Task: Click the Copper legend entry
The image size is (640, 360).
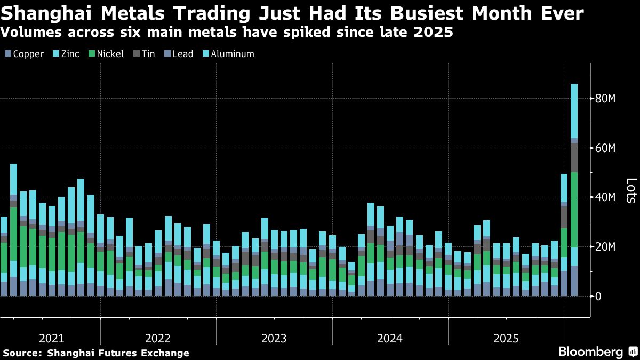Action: (24, 54)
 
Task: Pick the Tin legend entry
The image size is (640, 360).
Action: (143, 54)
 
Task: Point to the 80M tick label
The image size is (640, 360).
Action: (605, 99)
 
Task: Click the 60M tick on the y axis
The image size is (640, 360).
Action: (605, 148)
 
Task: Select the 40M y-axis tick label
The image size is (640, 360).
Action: (605, 197)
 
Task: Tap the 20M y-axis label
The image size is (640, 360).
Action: (605, 247)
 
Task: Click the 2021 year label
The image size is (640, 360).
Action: (52, 339)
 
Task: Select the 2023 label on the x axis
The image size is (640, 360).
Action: (274, 339)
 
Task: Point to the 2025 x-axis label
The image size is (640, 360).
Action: (506, 339)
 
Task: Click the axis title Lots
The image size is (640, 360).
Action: (630, 190)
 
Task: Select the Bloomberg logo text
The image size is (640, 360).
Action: (590, 352)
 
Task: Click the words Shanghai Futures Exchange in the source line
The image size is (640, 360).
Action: (118, 353)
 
